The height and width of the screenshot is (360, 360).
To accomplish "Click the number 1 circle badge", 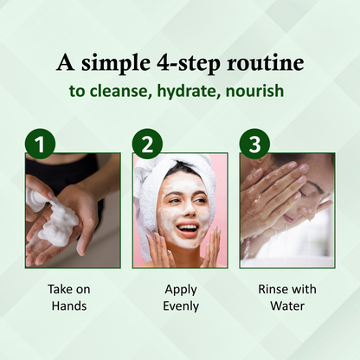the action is point(40,144).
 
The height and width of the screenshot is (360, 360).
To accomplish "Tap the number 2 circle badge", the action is point(147,144).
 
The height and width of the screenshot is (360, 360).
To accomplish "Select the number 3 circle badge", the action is point(254,144).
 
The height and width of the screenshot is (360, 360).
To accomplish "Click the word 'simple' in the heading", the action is point(116,64).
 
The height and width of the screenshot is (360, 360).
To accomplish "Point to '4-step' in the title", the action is point(189,64).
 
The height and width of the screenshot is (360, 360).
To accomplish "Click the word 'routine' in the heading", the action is point(265,63).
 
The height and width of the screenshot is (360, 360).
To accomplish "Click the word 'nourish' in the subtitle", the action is point(255,91).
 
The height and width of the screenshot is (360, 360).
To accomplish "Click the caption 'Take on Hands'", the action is point(69,298).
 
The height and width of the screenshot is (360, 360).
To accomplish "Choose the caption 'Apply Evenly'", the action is point(181,298).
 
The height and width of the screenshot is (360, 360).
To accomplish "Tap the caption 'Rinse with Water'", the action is point(287,298).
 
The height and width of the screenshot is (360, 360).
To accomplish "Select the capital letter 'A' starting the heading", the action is point(66,62).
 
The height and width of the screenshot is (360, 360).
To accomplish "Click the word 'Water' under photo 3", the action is point(287,305).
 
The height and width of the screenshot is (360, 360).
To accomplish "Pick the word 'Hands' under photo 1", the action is point(69,305).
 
